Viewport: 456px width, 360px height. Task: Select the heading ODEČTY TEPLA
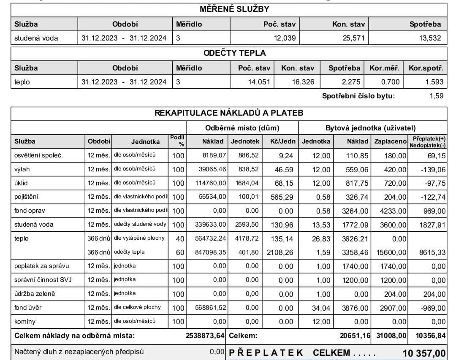click(235, 53)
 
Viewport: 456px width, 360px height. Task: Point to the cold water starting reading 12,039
click(285, 38)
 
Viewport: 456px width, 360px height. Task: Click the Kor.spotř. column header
click(426, 68)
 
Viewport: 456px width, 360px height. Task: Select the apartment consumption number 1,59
click(437, 96)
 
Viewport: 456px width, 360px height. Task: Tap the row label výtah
click(22, 169)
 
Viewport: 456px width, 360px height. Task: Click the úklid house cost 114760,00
click(210, 183)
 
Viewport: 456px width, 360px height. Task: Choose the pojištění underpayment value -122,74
click(434, 197)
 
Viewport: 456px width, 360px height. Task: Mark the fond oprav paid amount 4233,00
click(394, 211)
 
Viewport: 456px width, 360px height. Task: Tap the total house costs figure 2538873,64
click(205, 336)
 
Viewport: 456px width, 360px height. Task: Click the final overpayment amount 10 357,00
click(424, 353)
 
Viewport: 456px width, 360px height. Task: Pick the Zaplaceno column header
click(391, 141)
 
